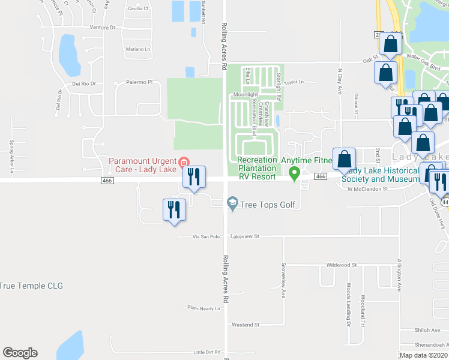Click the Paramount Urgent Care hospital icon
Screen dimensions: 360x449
[x=184, y=161]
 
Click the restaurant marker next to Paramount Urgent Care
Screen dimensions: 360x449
[x=193, y=176]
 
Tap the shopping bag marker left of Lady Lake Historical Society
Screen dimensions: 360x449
[x=345, y=159]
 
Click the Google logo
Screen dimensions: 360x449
[x=20, y=353]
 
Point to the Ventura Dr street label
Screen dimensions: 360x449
[x=102, y=28]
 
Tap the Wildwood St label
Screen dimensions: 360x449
[x=341, y=264]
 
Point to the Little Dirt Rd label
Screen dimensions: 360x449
[x=207, y=352]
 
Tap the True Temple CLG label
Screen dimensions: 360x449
[x=31, y=286]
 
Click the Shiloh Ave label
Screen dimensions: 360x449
[x=427, y=330]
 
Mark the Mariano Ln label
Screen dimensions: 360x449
[x=137, y=49]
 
